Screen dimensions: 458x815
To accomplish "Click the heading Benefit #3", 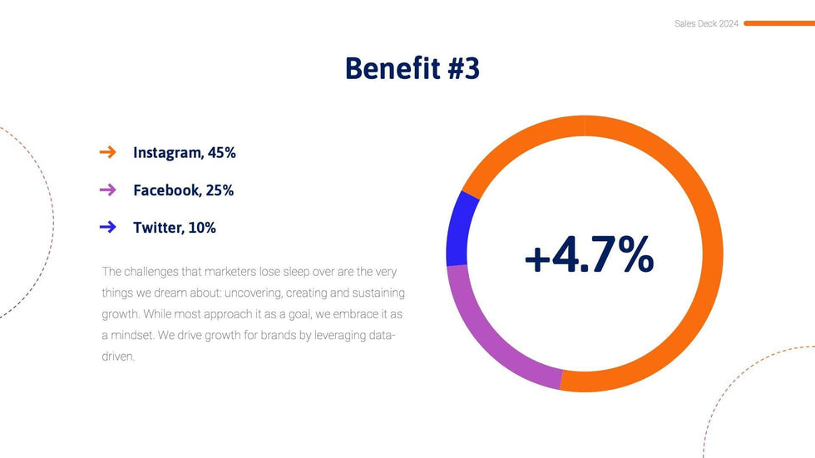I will click(x=412, y=68).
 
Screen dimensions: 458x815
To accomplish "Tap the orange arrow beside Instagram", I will click(x=107, y=152).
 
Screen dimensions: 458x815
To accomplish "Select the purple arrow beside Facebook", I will click(x=107, y=190).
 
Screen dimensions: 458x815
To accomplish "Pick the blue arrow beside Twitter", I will click(x=107, y=227).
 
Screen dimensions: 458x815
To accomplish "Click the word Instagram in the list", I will click(x=166, y=153).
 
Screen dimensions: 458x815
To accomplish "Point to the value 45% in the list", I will click(x=221, y=153).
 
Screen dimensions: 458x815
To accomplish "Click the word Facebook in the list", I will click(x=166, y=190).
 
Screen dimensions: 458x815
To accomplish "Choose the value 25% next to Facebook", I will click(x=220, y=190).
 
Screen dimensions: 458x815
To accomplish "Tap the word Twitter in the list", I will click(x=157, y=228).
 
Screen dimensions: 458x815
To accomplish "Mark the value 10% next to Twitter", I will click(x=202, y=228).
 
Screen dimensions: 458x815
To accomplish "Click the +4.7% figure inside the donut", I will click(x=589, y=255).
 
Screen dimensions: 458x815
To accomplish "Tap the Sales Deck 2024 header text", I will click(x=706, y=24).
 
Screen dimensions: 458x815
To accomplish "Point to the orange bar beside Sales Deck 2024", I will click(x=778, y=24).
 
